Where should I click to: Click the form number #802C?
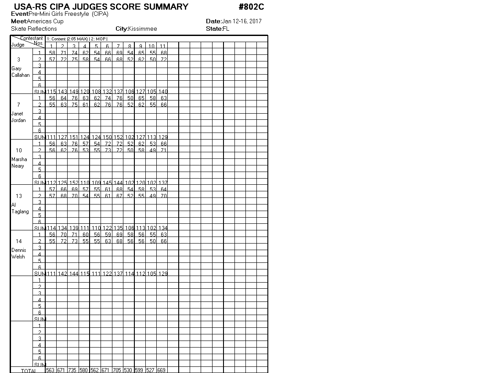pyautogui.click(x=252, y=7)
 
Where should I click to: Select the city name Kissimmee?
pyautogui.click(x=142, y=29)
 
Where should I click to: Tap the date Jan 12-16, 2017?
pyautogui.click(x=242, y=21)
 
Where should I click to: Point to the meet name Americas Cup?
pyautogui.click(x=45, y=21)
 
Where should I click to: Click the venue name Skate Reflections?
pyautogui.click(x=34, y=29)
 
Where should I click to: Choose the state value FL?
pyautogui.click(x=226, y=29)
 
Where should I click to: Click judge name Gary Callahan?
pyautogui.click(x=20, y=72)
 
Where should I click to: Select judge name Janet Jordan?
pyautogui.click(x=18, y=117)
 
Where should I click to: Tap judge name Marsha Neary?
pyautogui.click(x=19, y=163)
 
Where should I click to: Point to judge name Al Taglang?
pyautogui.click(x=20, y=208)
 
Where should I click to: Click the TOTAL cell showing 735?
pyautogui.click(x=74, y=370)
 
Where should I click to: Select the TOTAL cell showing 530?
pyautogui.click(x=129, y=370)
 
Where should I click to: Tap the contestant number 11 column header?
pyautogui.click(x=162, y=47)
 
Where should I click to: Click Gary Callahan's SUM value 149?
pyautogui.click(x=74, y=92)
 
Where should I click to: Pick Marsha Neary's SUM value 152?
pyautogui.click(x=74, y=183)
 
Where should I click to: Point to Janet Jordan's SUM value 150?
pyautogui.click(x=107, y=137)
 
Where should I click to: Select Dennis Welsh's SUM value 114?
pyautogui.click(x=129, y=274)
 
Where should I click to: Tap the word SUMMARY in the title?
pyautogui.click(x=162, y=7)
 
